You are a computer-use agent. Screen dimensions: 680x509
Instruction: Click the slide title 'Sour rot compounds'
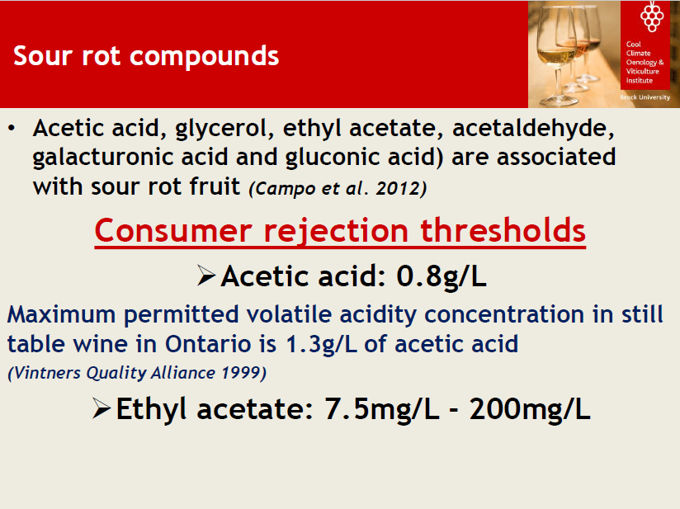(146, 56)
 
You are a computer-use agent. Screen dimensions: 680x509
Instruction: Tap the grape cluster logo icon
(652, 16)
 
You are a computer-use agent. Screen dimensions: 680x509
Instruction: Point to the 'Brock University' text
(645, 97)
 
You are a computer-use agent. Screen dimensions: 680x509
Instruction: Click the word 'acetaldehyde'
(533, 129)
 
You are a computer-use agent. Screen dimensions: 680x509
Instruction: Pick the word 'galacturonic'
(104, 158)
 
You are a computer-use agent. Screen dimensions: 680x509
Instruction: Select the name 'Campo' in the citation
(283, 189)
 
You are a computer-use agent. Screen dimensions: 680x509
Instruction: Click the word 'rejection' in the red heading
(336, 231)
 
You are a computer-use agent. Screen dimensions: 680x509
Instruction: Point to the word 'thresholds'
(503, 230)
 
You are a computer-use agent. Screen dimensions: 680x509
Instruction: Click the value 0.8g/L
(442, 276)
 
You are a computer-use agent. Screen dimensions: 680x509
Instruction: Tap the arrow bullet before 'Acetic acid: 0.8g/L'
(206, 276)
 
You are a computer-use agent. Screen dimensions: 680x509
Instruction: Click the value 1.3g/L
(321, 344)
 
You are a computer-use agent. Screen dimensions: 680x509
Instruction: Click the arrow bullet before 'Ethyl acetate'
(102, 408)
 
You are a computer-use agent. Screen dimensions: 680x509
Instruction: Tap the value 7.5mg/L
(382, 409)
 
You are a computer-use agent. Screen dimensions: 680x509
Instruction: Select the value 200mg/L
(530, 409)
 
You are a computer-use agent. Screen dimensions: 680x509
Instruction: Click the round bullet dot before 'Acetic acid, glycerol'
(12, 129)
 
